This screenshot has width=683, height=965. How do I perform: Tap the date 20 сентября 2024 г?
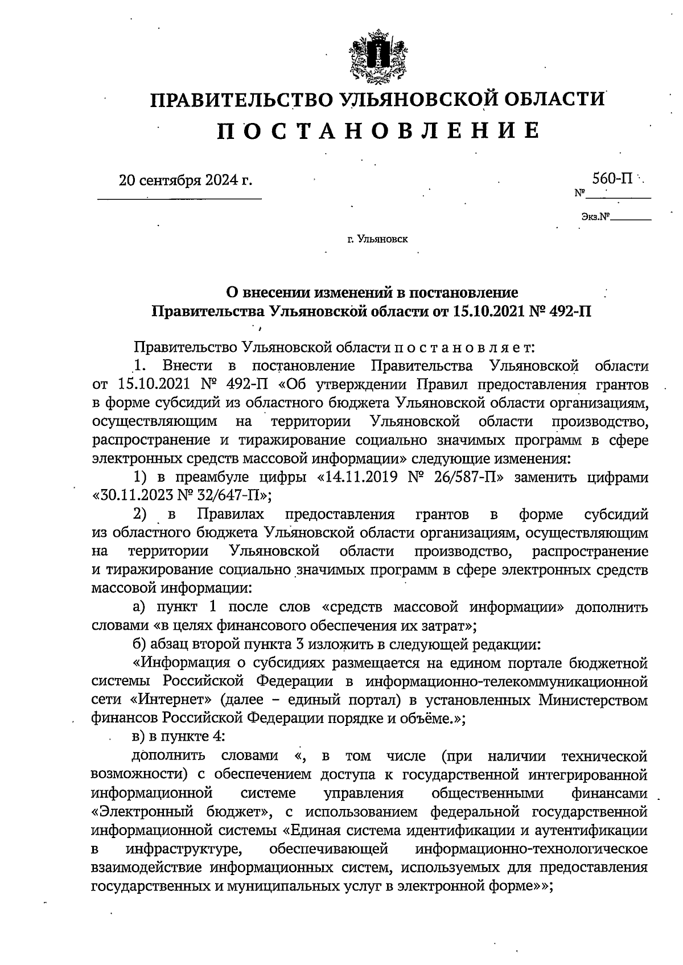pyautogui.click(x=185, y=180)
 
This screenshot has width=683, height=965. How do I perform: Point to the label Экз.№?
pyautogui.click(x=595, y=217)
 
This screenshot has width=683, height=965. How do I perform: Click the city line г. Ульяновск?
pyautogui.click(x=377, y=240)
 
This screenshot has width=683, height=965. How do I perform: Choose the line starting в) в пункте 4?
pyautogui.click(x=179, y=737)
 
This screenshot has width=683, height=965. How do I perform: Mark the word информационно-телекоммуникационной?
pyautogui.click(x=507, y=681)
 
